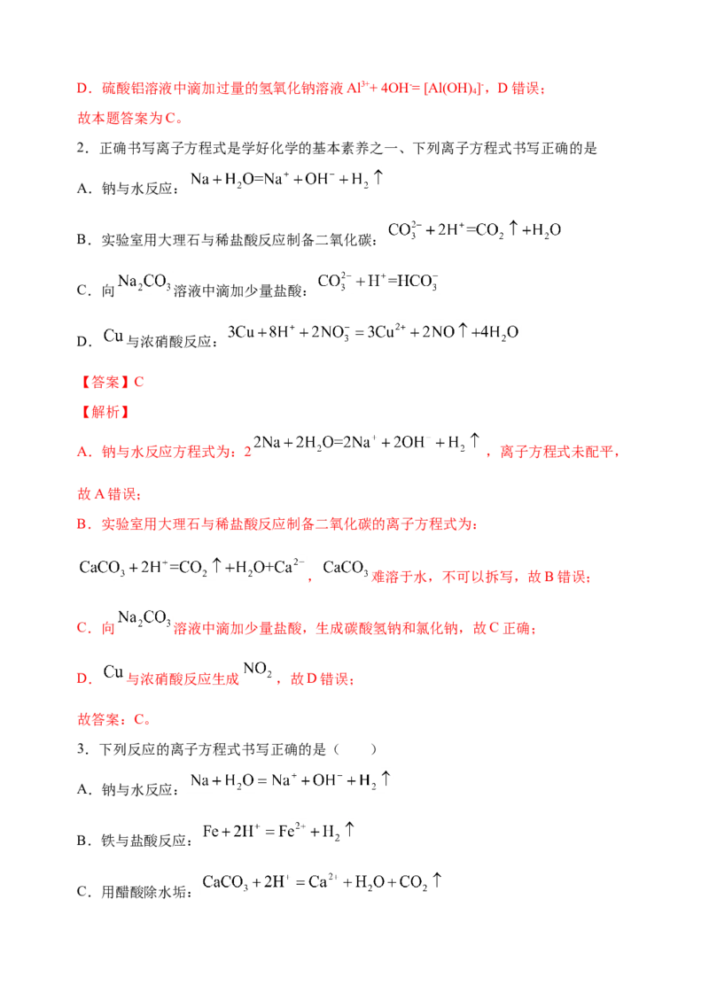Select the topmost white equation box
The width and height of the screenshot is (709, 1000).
tap(287, 180)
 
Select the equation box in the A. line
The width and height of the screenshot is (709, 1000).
tap(371, 442)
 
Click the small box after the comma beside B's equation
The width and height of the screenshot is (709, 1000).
tap(345, 567)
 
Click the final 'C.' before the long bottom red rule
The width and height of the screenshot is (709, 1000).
tap(140, 721)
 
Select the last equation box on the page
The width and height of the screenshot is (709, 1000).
tap(323, 882)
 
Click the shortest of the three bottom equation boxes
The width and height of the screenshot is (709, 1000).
tap(279, 831)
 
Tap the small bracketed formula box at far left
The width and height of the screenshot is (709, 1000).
tap(145, 280)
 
